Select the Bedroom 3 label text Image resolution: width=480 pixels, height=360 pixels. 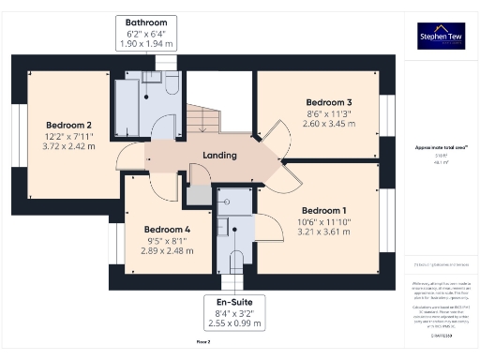pyautogui.click(x=329, y=101)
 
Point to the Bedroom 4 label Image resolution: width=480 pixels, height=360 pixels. pyautogui.click(x=167, y=229)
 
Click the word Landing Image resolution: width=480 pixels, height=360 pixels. pyautogui.click(x=219, y=156)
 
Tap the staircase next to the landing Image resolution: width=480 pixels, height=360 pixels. pyautogui.click(x=203, y=120)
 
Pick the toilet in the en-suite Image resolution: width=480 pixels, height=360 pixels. pyautogui.click(x=237, y=262)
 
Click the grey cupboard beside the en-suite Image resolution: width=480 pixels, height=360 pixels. pyautogui.click(x=199, y=195)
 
